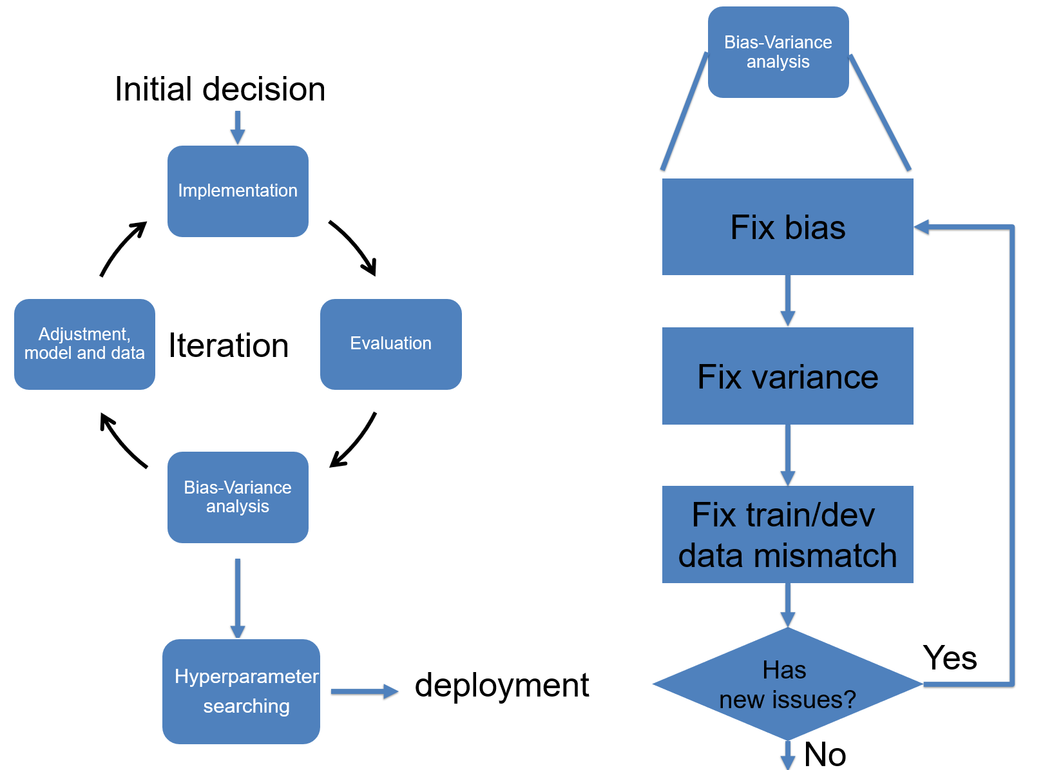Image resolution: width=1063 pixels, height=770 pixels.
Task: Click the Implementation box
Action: coord(238,191)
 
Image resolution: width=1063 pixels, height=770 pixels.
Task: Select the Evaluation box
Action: coord(391,344)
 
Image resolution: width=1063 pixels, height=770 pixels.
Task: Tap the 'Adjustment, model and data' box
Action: coord(84,344)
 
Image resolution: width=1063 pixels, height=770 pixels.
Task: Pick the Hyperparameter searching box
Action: coord(241,691)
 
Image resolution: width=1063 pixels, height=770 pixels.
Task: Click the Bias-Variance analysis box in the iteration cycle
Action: coord(238,497)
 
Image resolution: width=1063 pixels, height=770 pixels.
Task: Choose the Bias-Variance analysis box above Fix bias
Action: coord(778,52)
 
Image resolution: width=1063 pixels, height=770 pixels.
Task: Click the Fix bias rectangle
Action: coord(788,227)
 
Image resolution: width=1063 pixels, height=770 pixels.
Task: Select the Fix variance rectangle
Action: coord(788,376)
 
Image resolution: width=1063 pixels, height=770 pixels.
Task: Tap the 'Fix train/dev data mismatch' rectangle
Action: coord(788,535)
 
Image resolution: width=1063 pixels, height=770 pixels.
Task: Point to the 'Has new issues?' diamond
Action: coord(788,684)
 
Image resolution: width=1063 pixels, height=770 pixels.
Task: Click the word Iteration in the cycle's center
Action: coord(229,345)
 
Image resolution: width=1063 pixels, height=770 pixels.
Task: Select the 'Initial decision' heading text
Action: coord(220,89)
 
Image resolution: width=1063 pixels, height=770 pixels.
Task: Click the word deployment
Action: coord(502,686)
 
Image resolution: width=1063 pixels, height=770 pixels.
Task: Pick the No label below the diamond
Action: coord(825,754)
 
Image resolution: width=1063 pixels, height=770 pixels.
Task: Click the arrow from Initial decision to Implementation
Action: coord(238,128)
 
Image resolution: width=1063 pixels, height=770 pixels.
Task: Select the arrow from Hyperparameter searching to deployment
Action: coord(365,691)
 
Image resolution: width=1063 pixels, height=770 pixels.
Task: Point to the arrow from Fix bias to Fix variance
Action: coord(788,301)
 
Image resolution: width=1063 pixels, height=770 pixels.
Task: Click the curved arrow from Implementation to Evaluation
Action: coord(355,245)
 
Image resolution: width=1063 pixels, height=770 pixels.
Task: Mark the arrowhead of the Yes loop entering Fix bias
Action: coord(921,227)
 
